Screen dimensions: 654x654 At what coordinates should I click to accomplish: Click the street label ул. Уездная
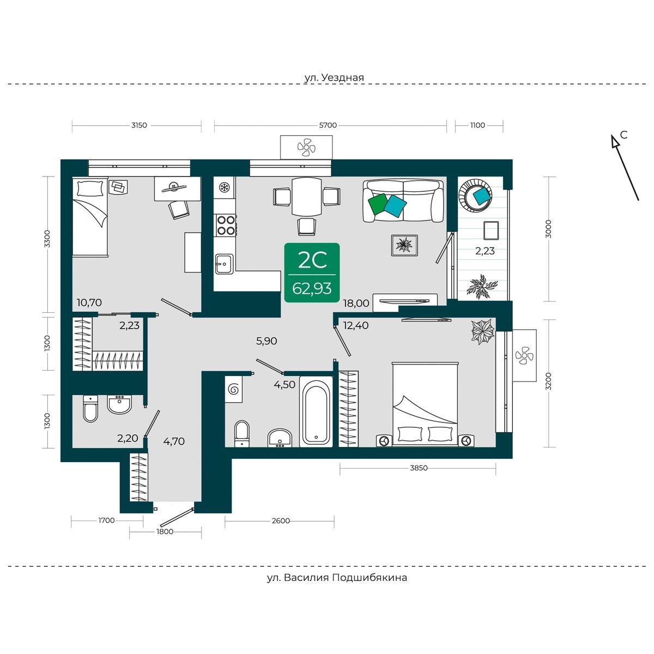[334, 78]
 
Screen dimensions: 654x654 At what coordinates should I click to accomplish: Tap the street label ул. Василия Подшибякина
[337, 577]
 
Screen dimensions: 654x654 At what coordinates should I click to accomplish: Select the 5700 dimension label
[328, 125]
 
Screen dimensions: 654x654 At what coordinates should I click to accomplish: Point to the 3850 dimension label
[419, 468]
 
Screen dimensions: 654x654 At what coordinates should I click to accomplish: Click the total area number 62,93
[312, 289]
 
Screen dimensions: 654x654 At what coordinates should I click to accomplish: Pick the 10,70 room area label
[89, 302]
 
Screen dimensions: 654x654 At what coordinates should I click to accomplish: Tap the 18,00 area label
[356, 304]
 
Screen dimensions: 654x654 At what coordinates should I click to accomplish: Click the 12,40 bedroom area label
[356, 325]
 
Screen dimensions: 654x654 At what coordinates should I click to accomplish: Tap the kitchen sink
[224, 264]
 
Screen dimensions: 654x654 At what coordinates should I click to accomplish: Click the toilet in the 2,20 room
[90, 409]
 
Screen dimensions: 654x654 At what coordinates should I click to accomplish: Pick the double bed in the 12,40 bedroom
[425, 404]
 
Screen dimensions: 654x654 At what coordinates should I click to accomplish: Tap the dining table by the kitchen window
[306, 197]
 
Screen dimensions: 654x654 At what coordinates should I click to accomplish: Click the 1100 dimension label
[477, 125]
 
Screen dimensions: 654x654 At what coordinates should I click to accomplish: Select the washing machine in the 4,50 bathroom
[233, 389]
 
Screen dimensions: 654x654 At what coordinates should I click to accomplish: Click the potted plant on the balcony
[482, 287]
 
